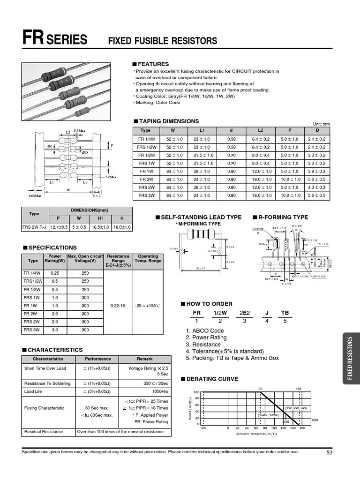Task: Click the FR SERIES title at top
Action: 54,39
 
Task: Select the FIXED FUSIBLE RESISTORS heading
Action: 163,41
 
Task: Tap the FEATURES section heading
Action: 153,64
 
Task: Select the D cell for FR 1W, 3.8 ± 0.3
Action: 316,171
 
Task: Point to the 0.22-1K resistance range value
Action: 118,306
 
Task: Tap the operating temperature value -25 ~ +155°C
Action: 148,306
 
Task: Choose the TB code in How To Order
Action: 285,313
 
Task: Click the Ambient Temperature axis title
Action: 256,434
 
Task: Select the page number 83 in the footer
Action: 329,452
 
